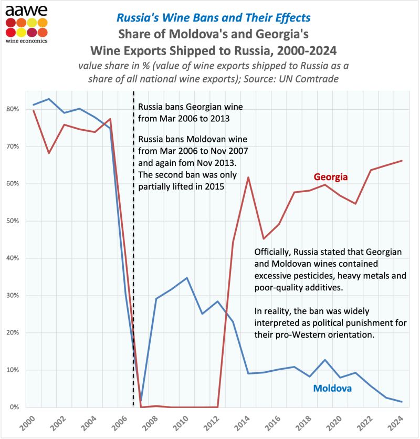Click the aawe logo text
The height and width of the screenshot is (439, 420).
26,11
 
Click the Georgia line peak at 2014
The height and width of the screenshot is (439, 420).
248,177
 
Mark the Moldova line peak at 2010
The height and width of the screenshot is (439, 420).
187,278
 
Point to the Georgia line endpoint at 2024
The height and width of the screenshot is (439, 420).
402,161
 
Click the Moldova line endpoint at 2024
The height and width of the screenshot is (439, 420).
402,402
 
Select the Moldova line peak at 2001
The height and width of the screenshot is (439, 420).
49,99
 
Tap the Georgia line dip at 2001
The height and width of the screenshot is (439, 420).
49,153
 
